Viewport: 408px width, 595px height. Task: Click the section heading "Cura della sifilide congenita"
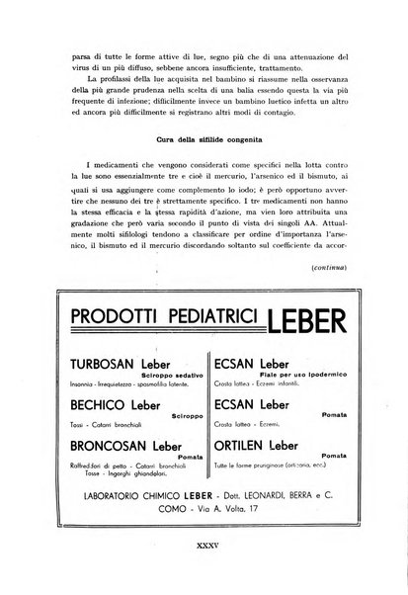click(x=204, y=134)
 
